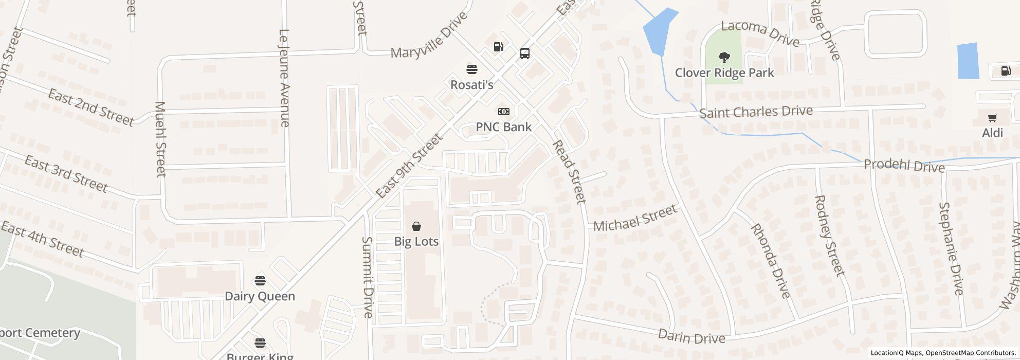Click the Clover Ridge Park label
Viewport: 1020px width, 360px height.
click(724, 73)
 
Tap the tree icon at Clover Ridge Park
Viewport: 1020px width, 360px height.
click(724, 57)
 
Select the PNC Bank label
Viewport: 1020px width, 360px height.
click(503, 127)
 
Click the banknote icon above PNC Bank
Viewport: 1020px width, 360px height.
click(503, 112)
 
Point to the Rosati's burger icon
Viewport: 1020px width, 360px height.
click(471, 69)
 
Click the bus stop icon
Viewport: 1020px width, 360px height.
click(524, 53)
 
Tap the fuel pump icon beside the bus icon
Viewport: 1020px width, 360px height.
click(498, 47)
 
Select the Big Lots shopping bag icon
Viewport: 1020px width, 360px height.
click(416, 226)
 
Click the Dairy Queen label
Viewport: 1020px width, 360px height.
click(260, 296)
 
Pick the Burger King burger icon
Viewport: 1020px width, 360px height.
click(260, 343)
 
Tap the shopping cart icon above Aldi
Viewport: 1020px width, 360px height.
click(992, 118)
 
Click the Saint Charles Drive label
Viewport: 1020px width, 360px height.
click(756, 112)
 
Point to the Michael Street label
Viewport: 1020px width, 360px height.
click(635, 219)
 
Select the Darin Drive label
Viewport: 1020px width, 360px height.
click(691, 337)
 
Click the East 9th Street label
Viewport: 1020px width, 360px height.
click(409, 166)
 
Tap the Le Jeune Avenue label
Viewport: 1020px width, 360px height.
click(284, 78)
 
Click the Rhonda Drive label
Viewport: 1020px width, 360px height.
click(770, 261)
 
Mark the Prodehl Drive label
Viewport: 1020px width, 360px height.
click(904, 166)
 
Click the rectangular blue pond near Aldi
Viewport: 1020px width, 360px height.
click(968, 61)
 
